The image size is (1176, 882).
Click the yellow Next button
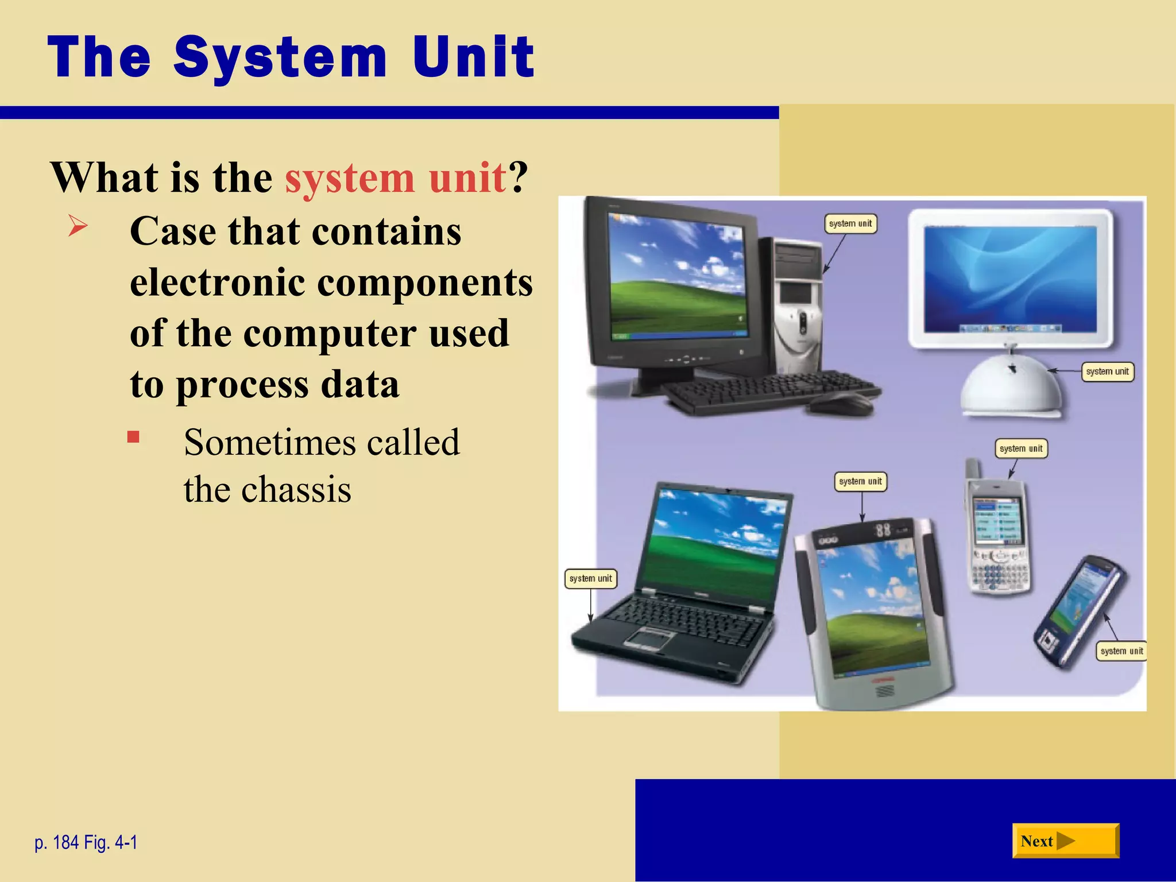[1065, 841]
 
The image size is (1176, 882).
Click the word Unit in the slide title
[473, 57]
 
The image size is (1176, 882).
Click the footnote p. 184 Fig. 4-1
[86, 842]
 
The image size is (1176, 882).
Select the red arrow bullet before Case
[78, 225]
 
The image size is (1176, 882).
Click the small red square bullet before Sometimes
[133, 438]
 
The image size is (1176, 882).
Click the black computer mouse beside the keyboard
[841, 404]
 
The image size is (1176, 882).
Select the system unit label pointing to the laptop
[590, 578]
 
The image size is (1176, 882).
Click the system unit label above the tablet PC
[860, 481]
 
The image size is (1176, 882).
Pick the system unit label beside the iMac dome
[1107, 372]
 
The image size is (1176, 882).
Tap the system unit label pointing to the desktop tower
[850, 223]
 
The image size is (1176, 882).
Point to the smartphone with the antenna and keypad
[998, 534]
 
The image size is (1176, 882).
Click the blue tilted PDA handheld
[1080, 612]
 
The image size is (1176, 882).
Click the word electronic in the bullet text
[217, 283]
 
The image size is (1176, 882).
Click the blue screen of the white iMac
[1011, 278]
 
